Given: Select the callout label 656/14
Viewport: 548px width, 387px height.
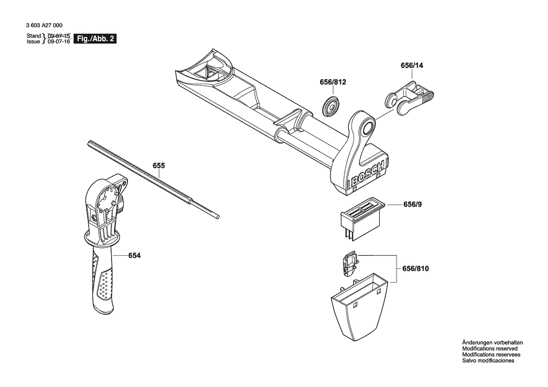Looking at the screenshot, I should [x=412, y=66].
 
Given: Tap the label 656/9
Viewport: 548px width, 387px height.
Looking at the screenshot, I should [x=413, y=205].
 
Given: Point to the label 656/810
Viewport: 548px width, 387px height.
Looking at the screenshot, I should [x=415, y=269].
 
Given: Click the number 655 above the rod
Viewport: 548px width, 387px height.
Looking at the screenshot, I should [x=159, y=165].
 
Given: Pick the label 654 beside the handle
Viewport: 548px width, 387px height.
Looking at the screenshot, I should [x=134, y=255].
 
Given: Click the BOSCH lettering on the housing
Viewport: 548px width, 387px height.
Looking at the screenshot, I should [x=368, y=174].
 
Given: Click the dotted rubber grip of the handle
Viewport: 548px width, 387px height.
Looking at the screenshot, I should [x=104, y=283].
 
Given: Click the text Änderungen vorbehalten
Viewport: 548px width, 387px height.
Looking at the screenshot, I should [x=492, y=342].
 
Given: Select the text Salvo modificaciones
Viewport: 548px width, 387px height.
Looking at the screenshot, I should [x=488, y=361].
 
